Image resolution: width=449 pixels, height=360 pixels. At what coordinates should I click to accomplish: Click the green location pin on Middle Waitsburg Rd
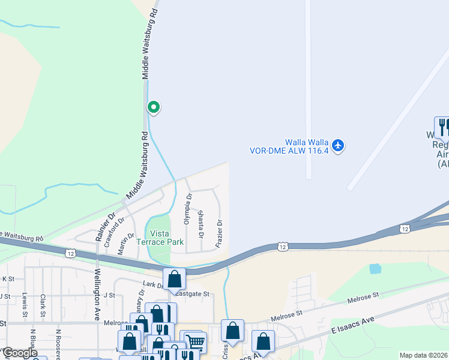[154, 107]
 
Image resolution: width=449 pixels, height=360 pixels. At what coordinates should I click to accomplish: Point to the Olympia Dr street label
[187, 209]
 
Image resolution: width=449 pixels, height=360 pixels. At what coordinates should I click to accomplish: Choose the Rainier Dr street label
[104, 226]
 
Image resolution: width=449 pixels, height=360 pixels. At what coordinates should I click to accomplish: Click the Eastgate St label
[191, 294]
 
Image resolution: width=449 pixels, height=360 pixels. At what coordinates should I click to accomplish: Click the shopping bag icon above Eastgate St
[175, 278]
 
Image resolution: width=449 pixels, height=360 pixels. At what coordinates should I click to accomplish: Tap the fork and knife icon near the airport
[442, 127]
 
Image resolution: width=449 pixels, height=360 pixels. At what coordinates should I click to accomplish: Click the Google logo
[20, 352]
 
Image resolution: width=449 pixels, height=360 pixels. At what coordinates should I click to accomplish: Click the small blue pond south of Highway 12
[375, 269]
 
